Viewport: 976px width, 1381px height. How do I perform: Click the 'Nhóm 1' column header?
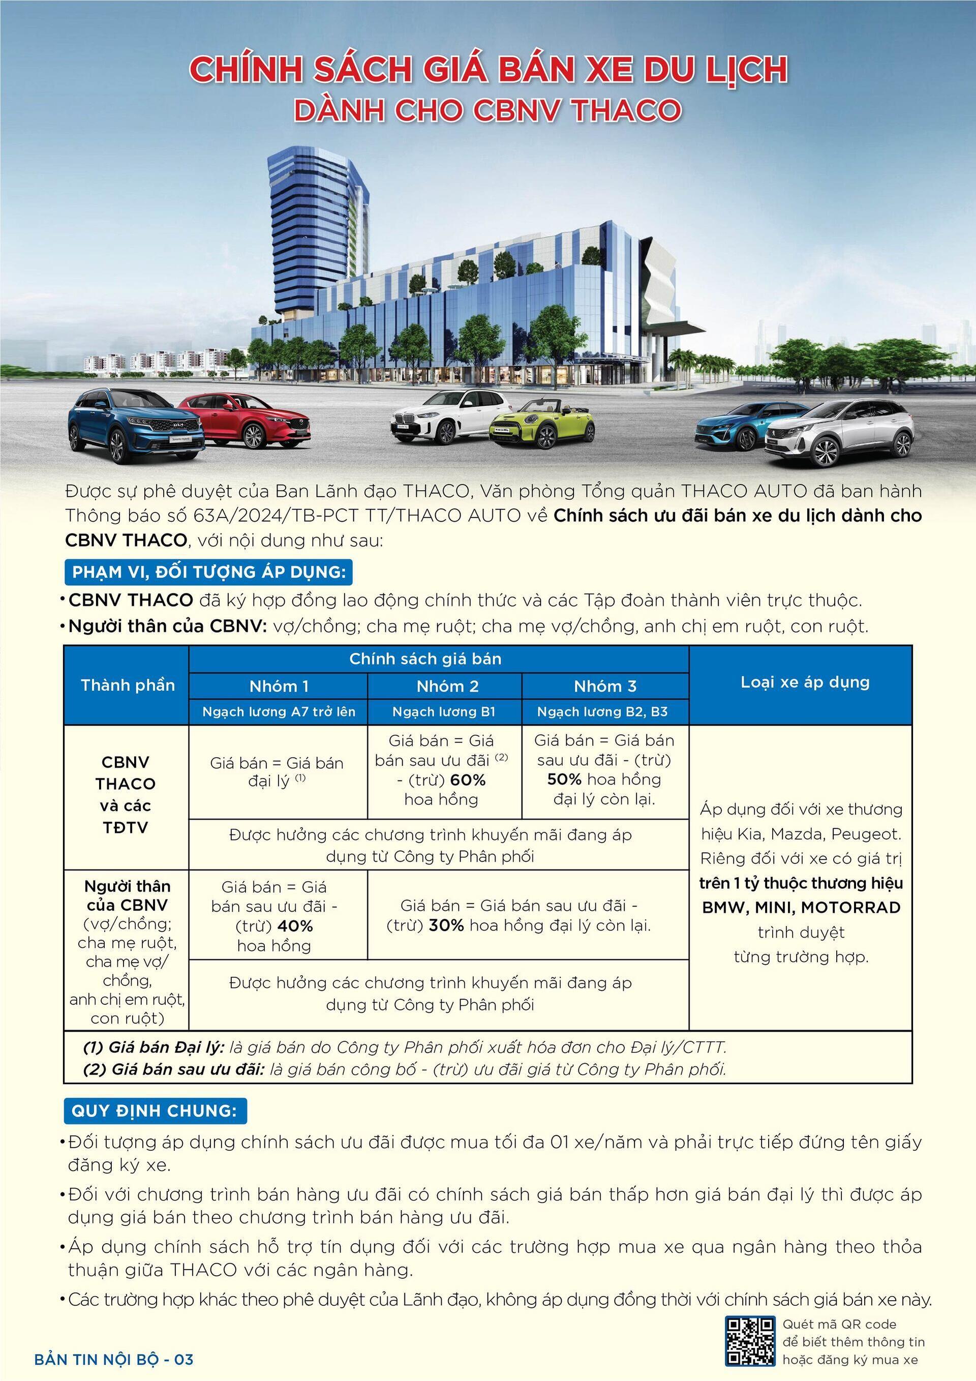(x=279, y=686)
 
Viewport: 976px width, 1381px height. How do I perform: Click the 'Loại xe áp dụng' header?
(x=805, y=682)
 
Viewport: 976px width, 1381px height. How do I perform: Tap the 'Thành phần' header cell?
(x=128, y=685)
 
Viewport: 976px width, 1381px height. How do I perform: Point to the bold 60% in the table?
(x=467, y=780)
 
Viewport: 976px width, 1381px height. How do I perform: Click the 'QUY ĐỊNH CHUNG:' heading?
(x=155, y=1110)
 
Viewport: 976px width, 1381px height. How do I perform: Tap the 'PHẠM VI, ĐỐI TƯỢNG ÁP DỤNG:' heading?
(x=208, y=572)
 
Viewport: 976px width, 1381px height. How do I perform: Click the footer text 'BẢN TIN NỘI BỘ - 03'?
(x=114, y=1359)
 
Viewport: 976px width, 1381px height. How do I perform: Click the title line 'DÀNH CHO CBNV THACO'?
(x=487, y=109)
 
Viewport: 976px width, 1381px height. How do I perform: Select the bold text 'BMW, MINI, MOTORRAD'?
(x=801, y=908)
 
